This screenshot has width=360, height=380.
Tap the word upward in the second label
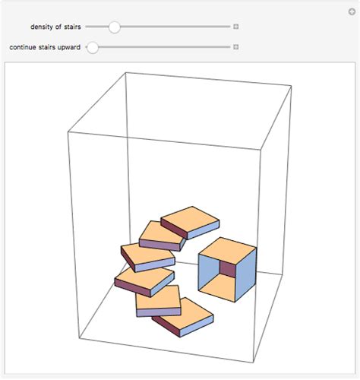(68, 47)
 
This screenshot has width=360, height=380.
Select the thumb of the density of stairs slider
(114, 27)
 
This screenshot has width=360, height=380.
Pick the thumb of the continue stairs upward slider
(93, 47)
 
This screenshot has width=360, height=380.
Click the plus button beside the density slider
(236, 27)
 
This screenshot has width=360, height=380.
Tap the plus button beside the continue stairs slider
(236, 47)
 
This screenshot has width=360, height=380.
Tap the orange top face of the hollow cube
(227, 249)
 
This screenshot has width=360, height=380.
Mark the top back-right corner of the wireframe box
(291, 86)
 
